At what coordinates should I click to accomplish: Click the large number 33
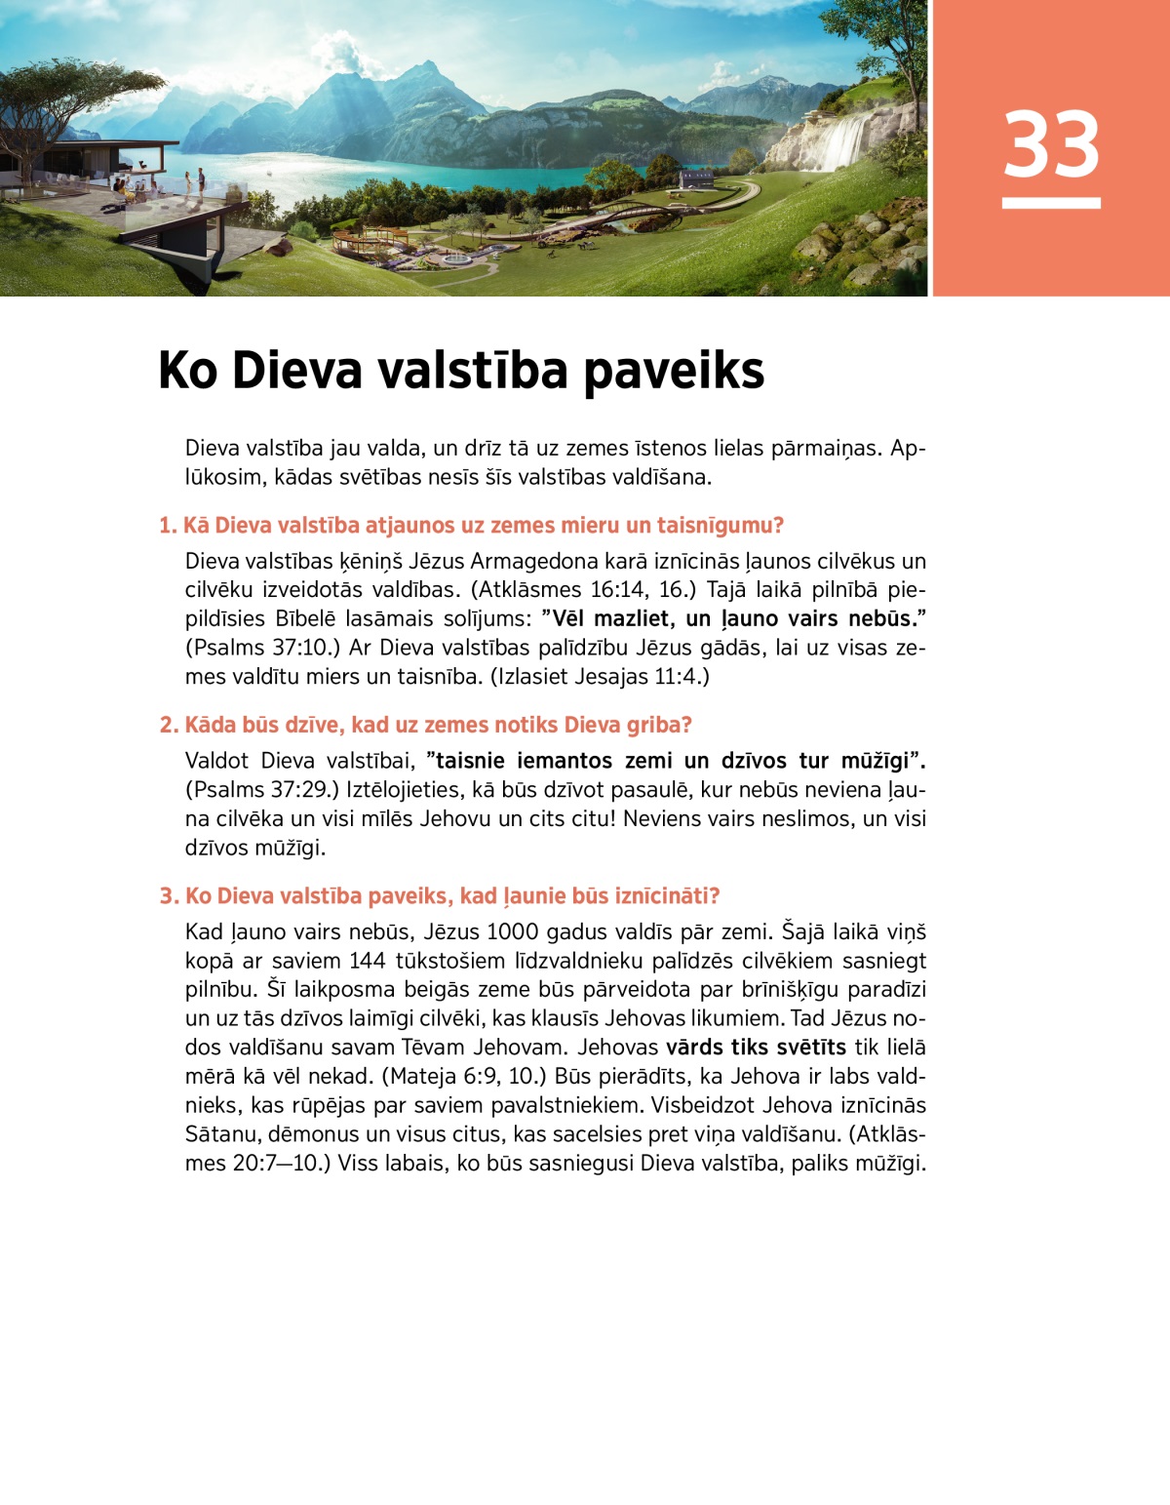point(1051,144)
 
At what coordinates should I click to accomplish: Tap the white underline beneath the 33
point(1051,203)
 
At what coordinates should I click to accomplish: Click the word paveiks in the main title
point(674,372)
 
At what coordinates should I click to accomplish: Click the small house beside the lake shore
point(695,178)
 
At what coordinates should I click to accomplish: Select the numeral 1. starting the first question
point(168,526)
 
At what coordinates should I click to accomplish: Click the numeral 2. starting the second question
point(169,725)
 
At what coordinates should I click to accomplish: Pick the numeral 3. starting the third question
point(169,896)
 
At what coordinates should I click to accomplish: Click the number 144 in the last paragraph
point(368,961)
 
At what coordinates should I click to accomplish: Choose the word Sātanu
point(222,1134)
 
